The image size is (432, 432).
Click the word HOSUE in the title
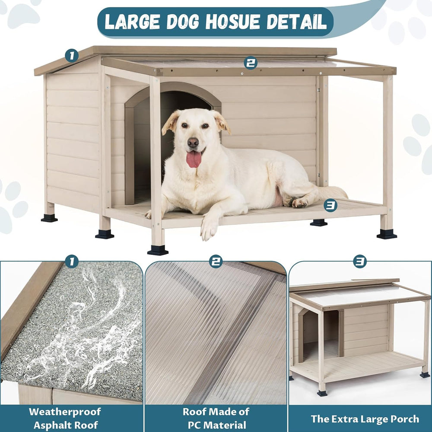pyautogui.click(x=233, y=22)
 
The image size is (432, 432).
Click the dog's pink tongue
pyautogui.click(x=194, y=159)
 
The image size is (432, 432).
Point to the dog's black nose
pyautogui.click(x=193, y=142)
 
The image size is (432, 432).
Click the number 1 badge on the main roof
pyautogui.click(x=72, y=56)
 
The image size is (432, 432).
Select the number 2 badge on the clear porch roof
pyautogui.click(x=251, y=63)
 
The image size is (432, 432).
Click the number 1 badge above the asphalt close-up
pyautogui.click(x=72, y=261)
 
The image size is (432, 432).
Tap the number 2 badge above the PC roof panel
pyautogui.click(x=216, y=261)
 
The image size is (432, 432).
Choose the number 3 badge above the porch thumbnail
pyautogui.click(x=360, y=261)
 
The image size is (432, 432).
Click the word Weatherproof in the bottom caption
pyautogui.click(x=65, y=412)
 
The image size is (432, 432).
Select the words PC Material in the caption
pyautogui.click(x=217, y=425)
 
